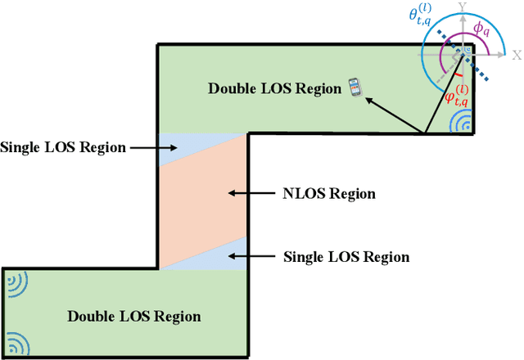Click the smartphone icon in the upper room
pos(355,87)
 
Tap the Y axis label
pos(463,7)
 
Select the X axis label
pos(516,55)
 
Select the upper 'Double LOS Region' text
pos(274,88)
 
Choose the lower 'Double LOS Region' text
pos(133,316)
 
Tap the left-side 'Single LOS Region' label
pos(63,147)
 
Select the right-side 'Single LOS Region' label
pos(346,256)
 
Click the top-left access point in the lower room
pos(15,282)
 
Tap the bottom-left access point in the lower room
pos(15,342)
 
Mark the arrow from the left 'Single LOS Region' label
pos(155,148)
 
